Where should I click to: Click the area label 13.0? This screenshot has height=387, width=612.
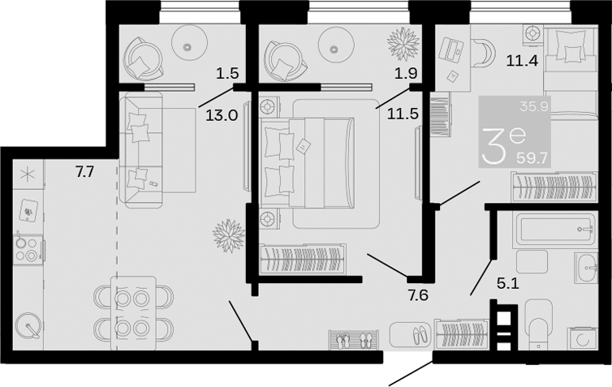(222, 115)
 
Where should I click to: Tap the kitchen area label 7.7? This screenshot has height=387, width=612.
(85, 171)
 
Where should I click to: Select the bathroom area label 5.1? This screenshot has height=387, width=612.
(508, 284)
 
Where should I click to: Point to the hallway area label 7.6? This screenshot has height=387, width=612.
(418, 295)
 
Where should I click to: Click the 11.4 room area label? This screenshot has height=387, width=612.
(522, 61)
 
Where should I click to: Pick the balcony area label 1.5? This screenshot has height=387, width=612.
(227, 73)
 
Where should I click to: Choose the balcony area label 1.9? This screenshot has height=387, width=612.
(406, 73)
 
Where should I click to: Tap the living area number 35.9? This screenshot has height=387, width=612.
(534, 106)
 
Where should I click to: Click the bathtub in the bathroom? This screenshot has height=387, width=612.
(557, 228)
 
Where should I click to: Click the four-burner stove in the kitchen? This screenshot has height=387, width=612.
(28, 249)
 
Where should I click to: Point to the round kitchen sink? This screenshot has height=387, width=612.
(28, 325)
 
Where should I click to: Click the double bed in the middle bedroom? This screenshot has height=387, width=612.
(308, 162)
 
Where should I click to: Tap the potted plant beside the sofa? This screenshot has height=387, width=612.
(229, 236)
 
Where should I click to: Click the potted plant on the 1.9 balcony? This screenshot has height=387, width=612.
(403, 44)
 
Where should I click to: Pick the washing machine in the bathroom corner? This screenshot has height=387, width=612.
(582, 338)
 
